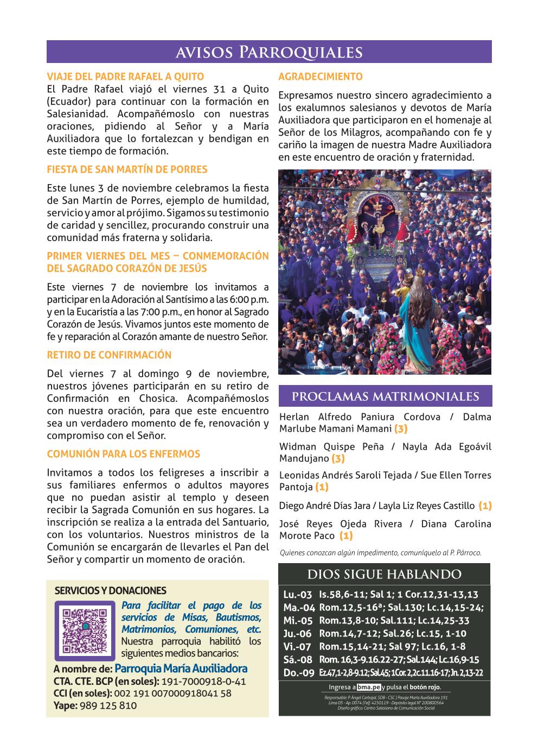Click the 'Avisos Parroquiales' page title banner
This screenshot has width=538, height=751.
click(269, 52)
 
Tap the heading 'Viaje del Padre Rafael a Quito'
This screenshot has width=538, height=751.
click(125, 77)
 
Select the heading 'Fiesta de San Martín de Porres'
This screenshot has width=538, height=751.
click(127, 169)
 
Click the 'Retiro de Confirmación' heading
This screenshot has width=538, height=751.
click(109, 355)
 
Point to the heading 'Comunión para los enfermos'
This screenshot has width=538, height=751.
click(123, 454)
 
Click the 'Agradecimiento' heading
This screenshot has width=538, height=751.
click(320, 77)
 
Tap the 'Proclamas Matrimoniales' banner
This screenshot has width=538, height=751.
click(385, 396)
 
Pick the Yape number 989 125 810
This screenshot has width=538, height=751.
click(108, 706)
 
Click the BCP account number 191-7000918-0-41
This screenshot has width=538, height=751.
click(203, 681)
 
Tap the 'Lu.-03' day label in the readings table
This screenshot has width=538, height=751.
click(298, 595)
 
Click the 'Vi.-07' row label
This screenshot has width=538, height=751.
click(297, 647)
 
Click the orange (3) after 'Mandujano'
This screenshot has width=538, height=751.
click(337, 459)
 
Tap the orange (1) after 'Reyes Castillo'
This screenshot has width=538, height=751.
click(485, 506)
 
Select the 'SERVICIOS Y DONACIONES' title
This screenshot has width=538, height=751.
click(110, 591)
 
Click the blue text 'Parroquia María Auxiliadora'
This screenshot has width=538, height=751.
click(181, 668)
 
